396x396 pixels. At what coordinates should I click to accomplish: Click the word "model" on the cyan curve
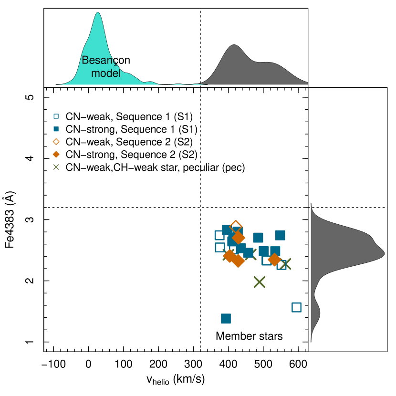tap(105, 73)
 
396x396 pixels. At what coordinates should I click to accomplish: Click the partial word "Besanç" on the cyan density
tap(99, 60)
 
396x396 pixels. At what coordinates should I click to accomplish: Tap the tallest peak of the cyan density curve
tap(98, 14)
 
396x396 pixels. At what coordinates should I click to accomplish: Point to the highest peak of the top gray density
tap(234, 46)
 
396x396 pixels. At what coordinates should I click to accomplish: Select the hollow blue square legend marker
tap(56, 116)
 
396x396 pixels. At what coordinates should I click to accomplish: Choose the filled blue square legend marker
tap(56, 129)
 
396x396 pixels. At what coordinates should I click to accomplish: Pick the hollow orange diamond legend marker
tap(56, 142)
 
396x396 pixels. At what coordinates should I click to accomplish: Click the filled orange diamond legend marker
tap(56, 154)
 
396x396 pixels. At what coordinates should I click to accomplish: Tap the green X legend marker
tap(56, 167)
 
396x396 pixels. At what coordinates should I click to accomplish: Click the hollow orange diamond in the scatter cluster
tap(236, 227)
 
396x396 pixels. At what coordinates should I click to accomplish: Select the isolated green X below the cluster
tap(259, 282)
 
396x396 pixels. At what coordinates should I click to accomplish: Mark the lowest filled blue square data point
tap(226, 319)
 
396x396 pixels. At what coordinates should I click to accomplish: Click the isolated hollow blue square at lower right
tap(296, 307)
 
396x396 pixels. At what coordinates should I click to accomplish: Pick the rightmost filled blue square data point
tap(280, 235)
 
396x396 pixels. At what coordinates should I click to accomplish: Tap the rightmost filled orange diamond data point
tap(274, 260)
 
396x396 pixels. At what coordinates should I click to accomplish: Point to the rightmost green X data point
tap(285, 264)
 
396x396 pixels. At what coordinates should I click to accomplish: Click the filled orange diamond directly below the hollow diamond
tap(239, 238)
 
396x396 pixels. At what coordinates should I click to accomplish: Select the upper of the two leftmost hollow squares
tap(219, 235)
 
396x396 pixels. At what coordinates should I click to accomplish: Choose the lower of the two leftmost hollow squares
tap(220, 247)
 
